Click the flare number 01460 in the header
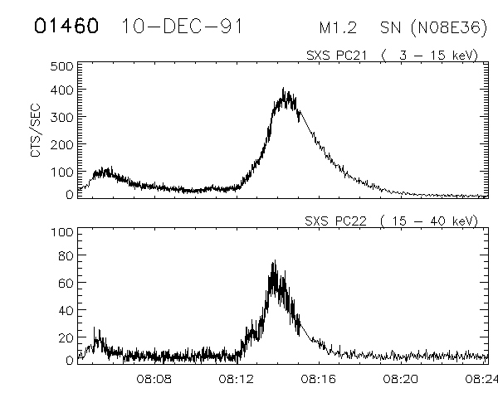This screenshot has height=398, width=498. [66, 27]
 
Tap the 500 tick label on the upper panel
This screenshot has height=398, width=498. [61, 66]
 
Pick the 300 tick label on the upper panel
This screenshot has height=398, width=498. [61, 119]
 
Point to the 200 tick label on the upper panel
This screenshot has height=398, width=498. [61, 144]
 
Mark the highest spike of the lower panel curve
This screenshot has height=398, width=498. [274, 261]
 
